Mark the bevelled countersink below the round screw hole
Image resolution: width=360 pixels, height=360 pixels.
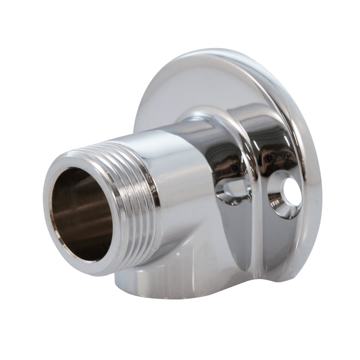283,210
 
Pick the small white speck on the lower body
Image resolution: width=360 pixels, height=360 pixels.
178,254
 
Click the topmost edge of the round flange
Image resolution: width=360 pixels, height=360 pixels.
207,50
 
